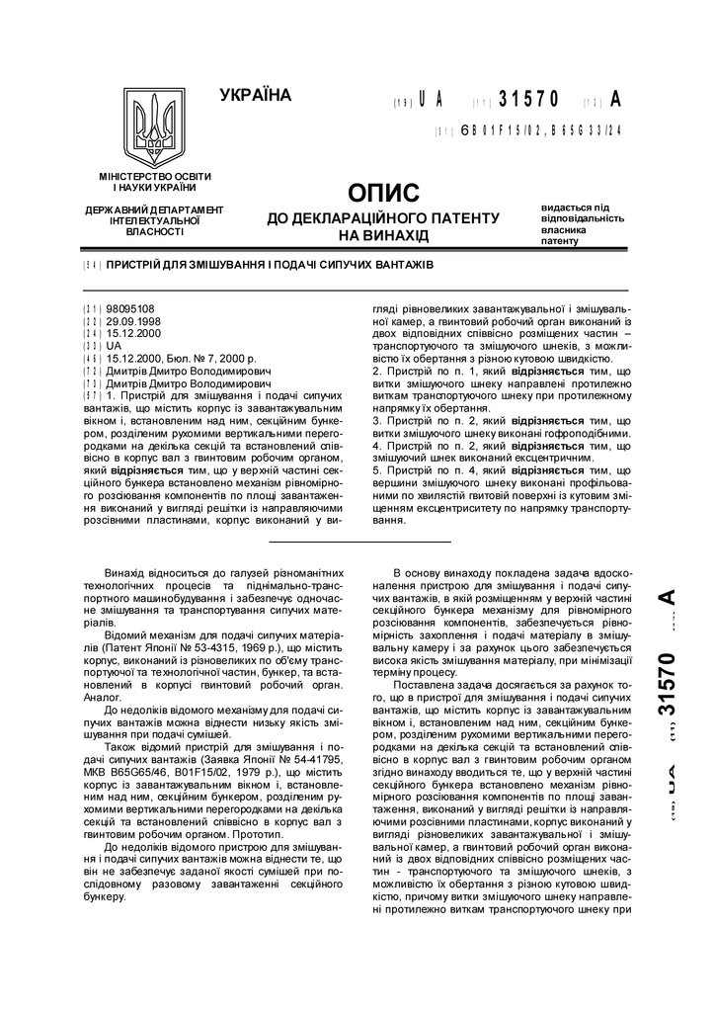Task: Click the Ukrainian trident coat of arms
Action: pos(154,129)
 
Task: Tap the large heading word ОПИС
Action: pos(384,192)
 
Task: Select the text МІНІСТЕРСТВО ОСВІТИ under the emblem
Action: pos(154,176)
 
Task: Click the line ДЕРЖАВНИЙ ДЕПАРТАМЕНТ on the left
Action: pos(154,211)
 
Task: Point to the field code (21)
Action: pos(93,308)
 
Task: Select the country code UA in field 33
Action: pos(114,347)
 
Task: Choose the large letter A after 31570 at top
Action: pos(616,100)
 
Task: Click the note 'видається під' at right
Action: pos(575,208)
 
